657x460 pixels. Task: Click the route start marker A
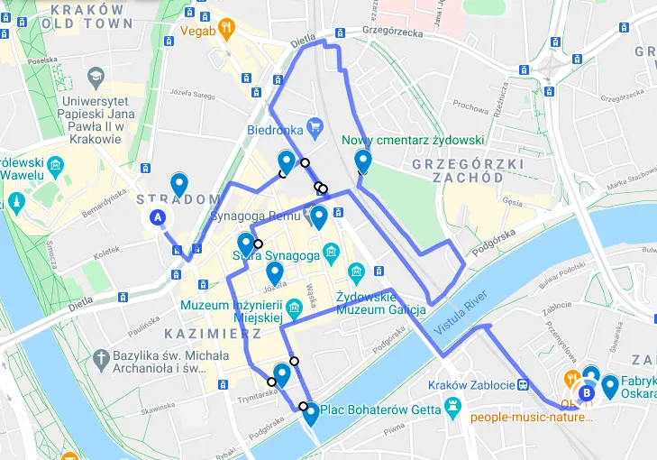click(158, 217)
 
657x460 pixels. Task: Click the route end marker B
click(587, 392)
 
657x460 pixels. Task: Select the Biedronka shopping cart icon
click(315, 125)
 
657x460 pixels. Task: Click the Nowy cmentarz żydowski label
click(414, 141)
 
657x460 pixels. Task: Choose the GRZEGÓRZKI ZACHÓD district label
click(457, 170)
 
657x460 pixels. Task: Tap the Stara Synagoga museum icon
click(330, 250)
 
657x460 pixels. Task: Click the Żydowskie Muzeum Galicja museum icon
click(356, 271)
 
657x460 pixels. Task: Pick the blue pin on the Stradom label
click(179, 184)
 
